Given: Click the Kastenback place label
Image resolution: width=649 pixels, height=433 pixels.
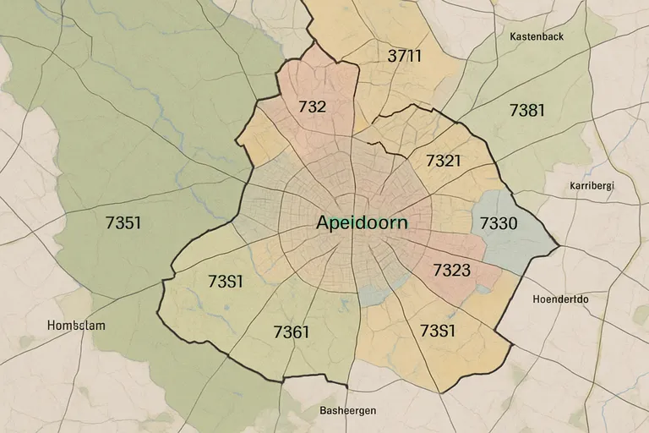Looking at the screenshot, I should tap(537, 36).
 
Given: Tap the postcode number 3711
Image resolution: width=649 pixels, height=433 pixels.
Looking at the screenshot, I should tap(404, 57).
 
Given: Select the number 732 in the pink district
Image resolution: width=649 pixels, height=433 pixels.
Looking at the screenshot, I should tap(312, 107).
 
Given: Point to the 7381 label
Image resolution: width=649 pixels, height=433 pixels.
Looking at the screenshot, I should tap(526, 110).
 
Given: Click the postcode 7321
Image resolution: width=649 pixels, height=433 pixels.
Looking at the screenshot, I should tap(443, 161).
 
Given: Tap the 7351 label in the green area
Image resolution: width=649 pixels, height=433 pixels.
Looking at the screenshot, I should tap(123, 223).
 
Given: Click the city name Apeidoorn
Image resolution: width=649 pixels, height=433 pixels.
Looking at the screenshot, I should tap(361, 223).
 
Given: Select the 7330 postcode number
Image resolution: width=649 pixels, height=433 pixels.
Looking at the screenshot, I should tap(498, 224).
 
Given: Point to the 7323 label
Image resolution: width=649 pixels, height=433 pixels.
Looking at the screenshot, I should tap(451, 271).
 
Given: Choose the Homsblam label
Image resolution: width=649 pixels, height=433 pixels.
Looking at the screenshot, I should tap(77, 325).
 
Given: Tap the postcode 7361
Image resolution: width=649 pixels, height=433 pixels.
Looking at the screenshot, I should tap(292, 332).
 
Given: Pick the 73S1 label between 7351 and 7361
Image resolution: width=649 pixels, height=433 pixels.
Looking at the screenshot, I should tap(225, 282).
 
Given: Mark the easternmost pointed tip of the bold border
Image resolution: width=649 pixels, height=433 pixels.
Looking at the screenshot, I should tap(559, 248).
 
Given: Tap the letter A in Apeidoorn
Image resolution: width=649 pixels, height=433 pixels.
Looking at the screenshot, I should tap(324, 223).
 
